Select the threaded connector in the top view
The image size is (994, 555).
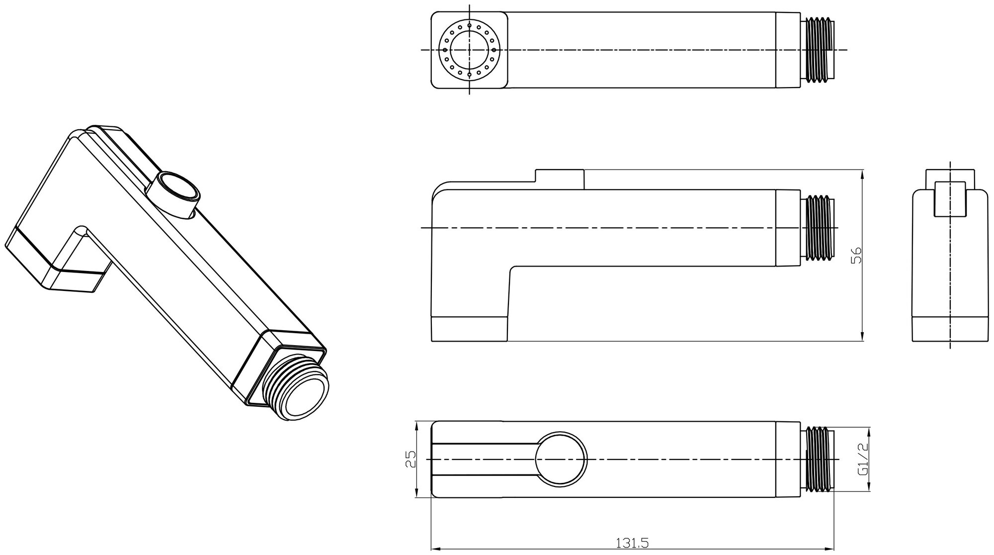pyautogui.click(x=819, y=50)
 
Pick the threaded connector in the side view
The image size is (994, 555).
pyautogui.click(x=819, y=227)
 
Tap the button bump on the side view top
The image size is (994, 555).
pyautogui.click(x=559, y=177)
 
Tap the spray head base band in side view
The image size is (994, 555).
pyautogui.click(x=469, y=328)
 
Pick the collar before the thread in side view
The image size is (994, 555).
pyautogui.click(x=789, y=227)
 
